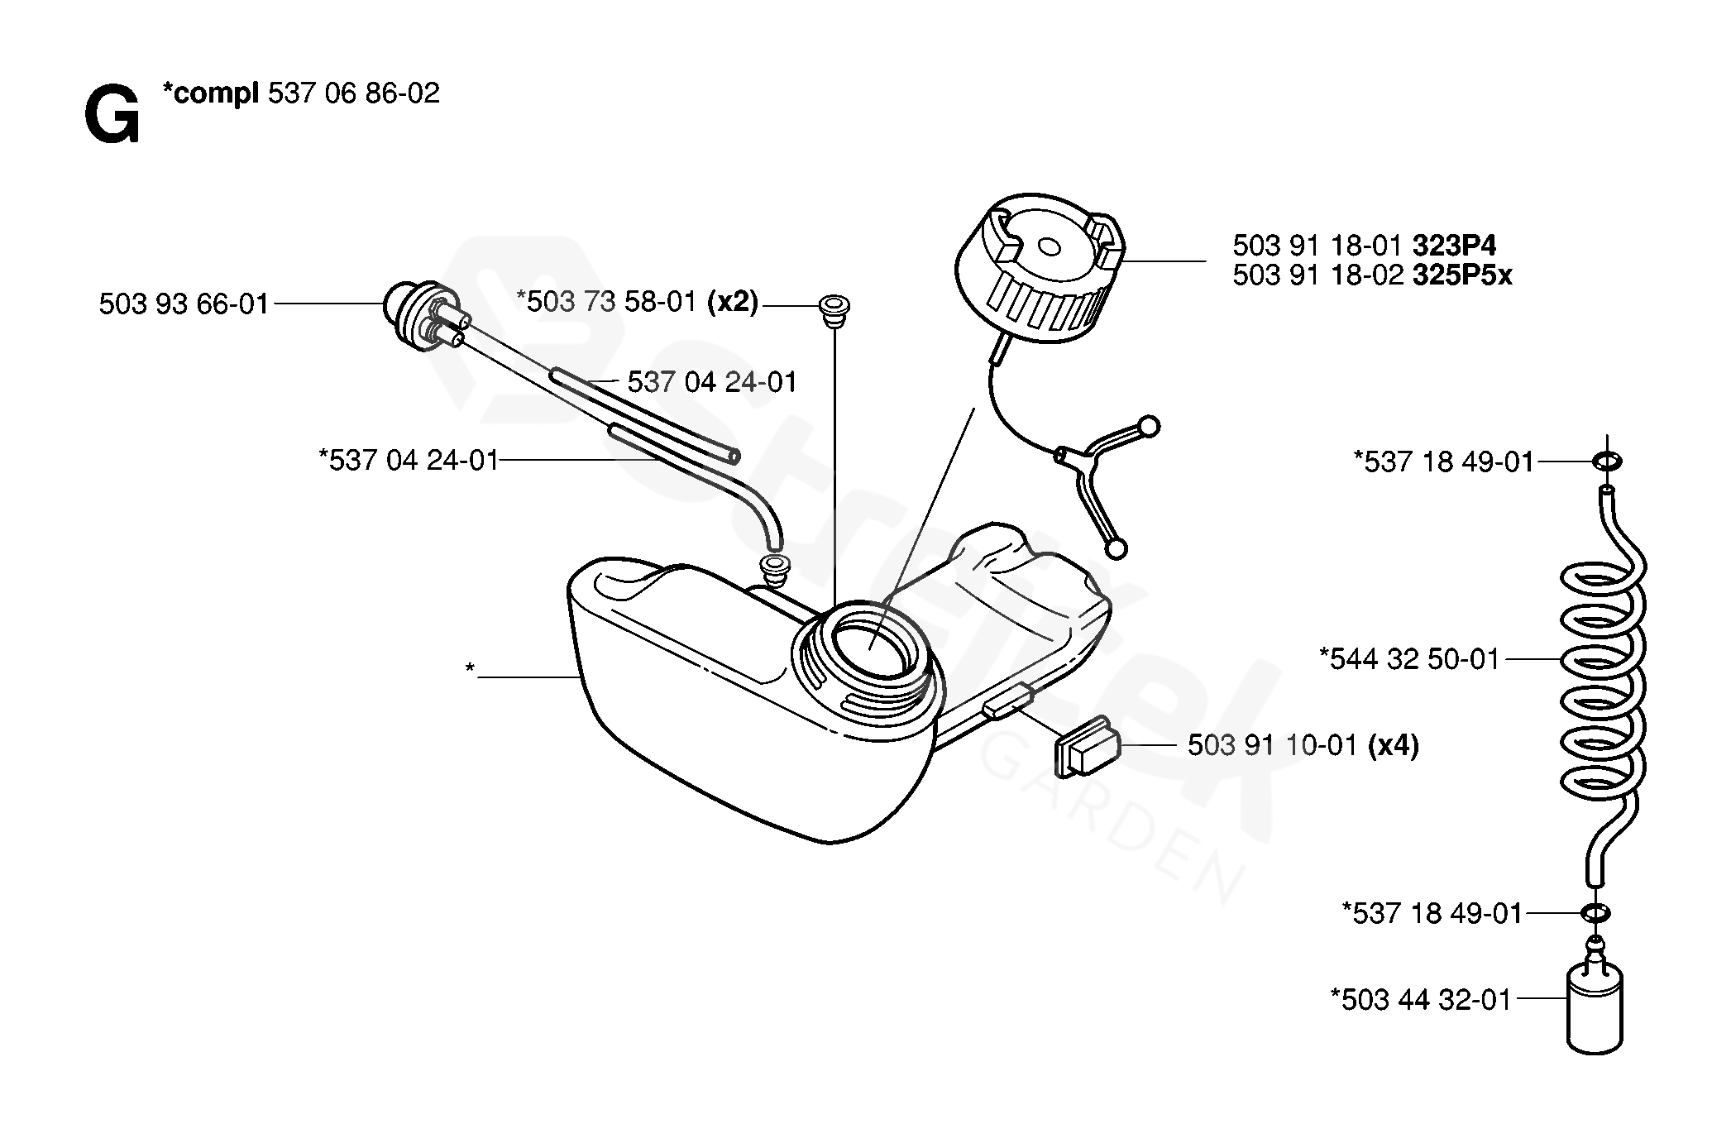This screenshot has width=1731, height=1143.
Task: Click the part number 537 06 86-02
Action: click(x=353, y=93)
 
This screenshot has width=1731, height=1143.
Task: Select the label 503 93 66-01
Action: click(x=184, y=304)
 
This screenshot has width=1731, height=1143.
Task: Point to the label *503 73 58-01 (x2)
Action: click(x=637, y=302)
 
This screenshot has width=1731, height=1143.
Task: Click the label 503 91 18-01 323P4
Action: click(x=1364, y=246)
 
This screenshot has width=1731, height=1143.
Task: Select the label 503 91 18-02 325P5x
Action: click(x=1372, y=275)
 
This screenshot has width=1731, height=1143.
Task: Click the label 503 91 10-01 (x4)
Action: click(x=1303, y=746)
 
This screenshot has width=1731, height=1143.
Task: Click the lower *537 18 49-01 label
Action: click(x=1432, y=913)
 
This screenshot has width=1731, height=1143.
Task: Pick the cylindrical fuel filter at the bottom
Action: click(x=1594, y=1009)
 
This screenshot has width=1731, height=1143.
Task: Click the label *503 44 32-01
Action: click(x=1420, y=999)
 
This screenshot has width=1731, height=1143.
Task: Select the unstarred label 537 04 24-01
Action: click(x=712, y=382)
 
